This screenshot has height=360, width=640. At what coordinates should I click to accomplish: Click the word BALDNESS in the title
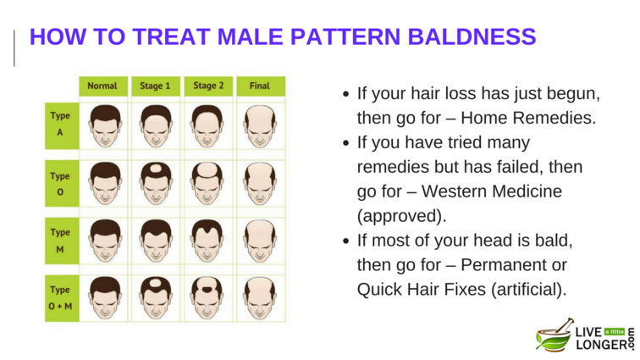pyautogui.click(x=472, y=36)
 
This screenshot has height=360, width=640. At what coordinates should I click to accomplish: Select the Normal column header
pyautogui.click(x=103, y=86)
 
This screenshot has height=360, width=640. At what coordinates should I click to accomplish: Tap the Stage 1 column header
pyautogui.click(x=156, y=86)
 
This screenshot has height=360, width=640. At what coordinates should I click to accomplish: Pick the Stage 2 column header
pyautogui.click(x=208, y=86)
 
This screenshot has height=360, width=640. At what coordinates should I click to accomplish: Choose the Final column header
pyautogui.click(x=261, y=86)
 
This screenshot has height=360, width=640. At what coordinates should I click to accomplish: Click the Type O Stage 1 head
pyautogui.click(x=156, y=184)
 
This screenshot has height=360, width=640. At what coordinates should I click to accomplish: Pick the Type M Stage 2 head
pyautogui.click(x=207, y=241)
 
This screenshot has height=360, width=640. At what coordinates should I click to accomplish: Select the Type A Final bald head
pyautogui.click(x=260, y=126)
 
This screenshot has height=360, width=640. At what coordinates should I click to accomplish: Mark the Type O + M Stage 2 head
pyautogui.click(x=207, y=298)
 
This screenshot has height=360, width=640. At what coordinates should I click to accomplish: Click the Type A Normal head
pyautogui.click(x=105, y=126)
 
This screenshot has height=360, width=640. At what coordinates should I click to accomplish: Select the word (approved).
pyautogui.click(x=401, y=216)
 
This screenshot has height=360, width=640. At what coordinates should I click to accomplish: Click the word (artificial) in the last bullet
pyautogui.click(x=529, y=290)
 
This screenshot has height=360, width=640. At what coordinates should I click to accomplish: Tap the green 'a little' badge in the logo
pyautogui.click(x=615, y=332)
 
